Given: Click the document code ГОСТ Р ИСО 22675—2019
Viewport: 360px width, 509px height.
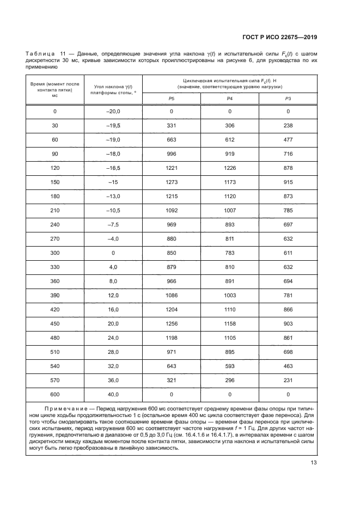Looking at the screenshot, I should (x=280, y=37).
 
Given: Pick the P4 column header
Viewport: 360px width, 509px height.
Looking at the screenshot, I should (x=229, y=98).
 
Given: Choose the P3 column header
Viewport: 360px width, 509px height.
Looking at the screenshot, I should (x=288, y=98).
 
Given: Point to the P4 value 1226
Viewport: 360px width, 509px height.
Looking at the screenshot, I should (x=229, y=168).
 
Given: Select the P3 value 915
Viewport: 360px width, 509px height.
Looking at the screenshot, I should (x=288, y=182).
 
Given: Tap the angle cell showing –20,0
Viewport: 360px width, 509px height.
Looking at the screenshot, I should (x=112, y=112).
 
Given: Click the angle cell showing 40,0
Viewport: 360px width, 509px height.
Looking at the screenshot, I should (x=113, y=394).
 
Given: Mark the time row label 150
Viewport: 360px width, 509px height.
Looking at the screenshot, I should (x=54, y=182).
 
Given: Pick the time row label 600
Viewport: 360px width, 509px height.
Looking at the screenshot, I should (x=54, y=394).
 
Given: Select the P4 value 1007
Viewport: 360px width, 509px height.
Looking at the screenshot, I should (x=229, y=210).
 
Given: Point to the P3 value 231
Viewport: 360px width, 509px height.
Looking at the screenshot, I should (x=288, y=379).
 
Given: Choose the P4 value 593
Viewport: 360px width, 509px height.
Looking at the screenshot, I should (x=229, y=365).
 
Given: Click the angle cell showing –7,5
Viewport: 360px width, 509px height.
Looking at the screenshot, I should (x=112, y=224).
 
